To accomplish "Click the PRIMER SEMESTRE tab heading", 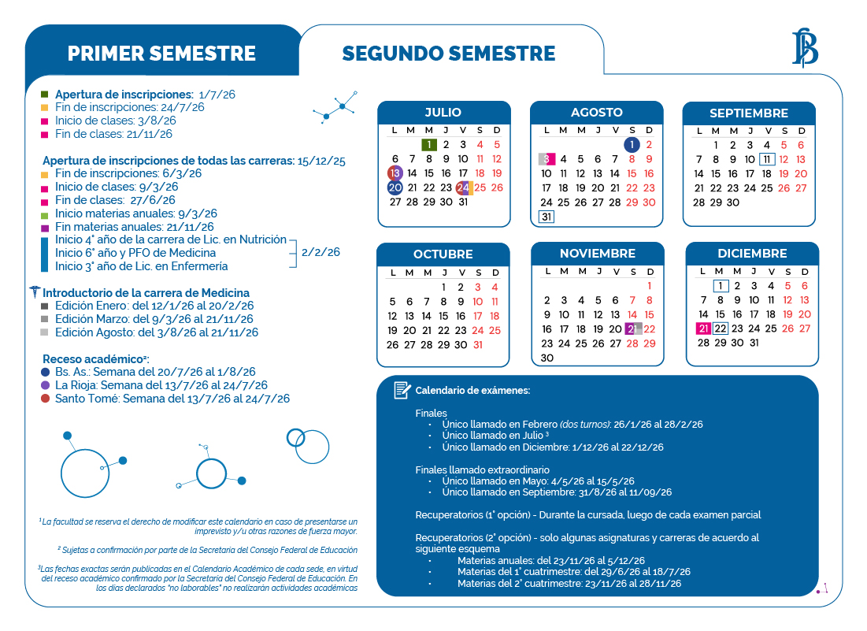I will click(161, 54).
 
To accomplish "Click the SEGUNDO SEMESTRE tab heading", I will click(448, 54).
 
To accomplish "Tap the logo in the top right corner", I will click(804, 47).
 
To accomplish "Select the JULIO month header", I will click(443, 113).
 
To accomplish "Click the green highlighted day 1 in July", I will click(428, 144).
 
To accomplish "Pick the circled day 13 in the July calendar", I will click(395, 173).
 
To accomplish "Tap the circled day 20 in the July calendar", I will click(395, 187).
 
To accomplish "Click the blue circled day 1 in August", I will click(632, 145).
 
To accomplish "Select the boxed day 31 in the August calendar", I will click(546, 217).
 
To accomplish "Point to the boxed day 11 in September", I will click(767, 159).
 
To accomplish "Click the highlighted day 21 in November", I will click(632, 329).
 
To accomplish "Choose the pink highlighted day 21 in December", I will click(703, 328).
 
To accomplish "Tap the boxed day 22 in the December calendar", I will click(720, 328).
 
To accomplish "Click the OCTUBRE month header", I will click(443, 254).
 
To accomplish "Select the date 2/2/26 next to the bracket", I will click(320, 252).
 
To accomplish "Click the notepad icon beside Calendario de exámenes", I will click(402, 390).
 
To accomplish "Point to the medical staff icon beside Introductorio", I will click(34, 292).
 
